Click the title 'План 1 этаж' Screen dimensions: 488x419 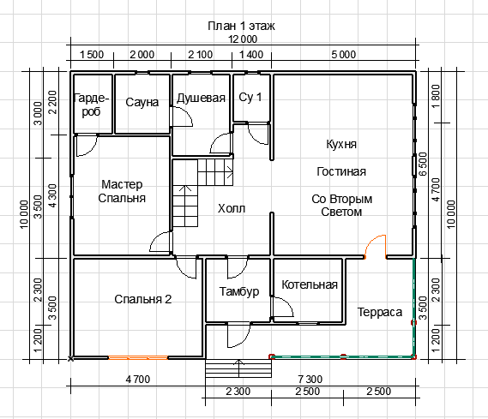click(241, 26)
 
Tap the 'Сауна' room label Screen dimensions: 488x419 click(142, 102)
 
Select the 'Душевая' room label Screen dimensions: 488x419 click(201, 99)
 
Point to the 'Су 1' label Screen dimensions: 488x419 click(250, 97)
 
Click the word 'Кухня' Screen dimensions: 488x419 click(341, 144)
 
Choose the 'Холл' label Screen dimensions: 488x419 click(232, 208)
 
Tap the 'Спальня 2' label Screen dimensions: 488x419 click(143, 299)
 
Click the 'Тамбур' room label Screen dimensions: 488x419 click(239, 291)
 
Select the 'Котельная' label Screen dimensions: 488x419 click(310, 284)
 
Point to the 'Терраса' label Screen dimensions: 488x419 click(380, 312)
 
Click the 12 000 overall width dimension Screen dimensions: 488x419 click(243, 39)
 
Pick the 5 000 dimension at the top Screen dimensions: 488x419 click(343, 55)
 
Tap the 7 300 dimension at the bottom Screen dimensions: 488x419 click(310, 380)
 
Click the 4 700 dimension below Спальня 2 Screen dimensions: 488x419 click(138, 380)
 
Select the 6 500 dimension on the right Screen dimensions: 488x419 click(423, 164)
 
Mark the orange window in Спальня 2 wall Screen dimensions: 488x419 click(138, 358)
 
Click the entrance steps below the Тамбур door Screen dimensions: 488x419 click(238, 368)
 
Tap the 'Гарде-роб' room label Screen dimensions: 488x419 click(91, 105)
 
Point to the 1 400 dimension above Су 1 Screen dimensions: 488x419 click(251, 55)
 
